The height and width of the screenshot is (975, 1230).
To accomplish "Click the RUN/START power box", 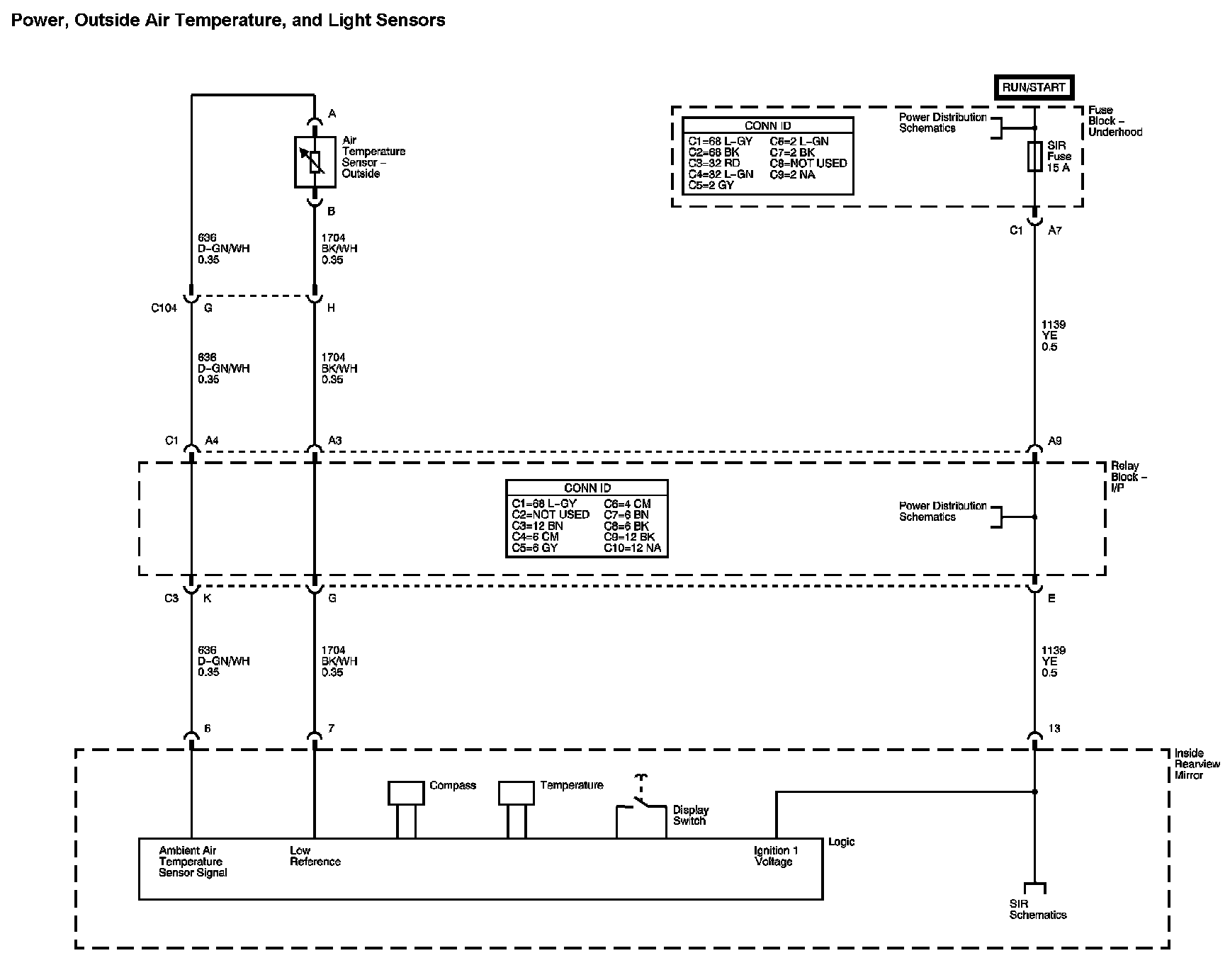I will click(1034, 87).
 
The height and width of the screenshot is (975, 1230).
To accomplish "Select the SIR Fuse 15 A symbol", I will click(1034, 156).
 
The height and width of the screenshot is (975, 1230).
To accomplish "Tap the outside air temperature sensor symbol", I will click(315, 162).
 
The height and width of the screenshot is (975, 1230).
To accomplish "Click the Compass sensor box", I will click(406, 794).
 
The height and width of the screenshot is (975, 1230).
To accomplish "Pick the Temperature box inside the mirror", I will click(516, 794).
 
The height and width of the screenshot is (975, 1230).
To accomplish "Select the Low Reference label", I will click(315, 856).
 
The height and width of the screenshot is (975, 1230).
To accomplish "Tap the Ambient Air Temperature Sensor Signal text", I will click(193, 862).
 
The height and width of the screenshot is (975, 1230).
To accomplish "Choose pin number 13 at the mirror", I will click(1054, 728).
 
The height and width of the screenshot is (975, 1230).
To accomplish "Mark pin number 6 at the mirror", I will click(207, 728).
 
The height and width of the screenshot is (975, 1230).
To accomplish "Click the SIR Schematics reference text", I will click(1037, 909).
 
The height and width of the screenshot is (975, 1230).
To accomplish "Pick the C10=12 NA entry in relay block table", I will click(632, 548).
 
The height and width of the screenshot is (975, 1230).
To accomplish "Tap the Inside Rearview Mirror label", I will click(1197, 764).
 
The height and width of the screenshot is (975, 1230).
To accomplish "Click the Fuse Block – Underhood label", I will click(1115, 121).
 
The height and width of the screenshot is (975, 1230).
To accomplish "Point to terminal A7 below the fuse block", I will click(1054, 230).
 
